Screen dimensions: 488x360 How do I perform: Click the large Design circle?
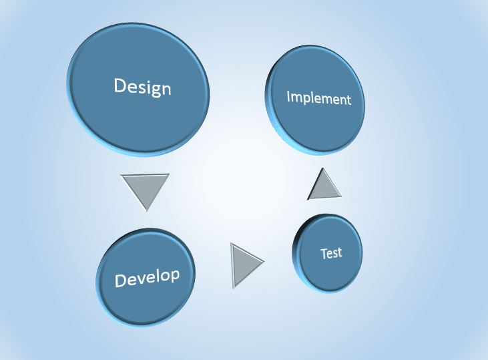tap(138, 89)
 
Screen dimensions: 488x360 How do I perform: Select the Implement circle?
tap(315, 100)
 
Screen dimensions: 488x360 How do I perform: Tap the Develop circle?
tap(146, 277)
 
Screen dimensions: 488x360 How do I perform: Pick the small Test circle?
tap(327, 253)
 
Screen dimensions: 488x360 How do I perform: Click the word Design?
tap(143, 87)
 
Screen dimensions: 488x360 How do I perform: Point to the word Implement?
tap(318, 98)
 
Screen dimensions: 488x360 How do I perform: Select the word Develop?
tap(148, 277)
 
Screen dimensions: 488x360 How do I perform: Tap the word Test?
tap(331, 253)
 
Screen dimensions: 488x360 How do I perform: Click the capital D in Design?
tap(119, 85)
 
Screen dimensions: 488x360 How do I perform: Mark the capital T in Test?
tap(324, 254)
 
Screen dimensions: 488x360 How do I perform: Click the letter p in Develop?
tap(175, 276)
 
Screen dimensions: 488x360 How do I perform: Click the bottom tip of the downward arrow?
tap(146, 211)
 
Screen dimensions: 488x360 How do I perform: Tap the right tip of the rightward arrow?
tap(264, 261)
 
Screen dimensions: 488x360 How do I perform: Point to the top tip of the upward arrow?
tap(322, 168)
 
